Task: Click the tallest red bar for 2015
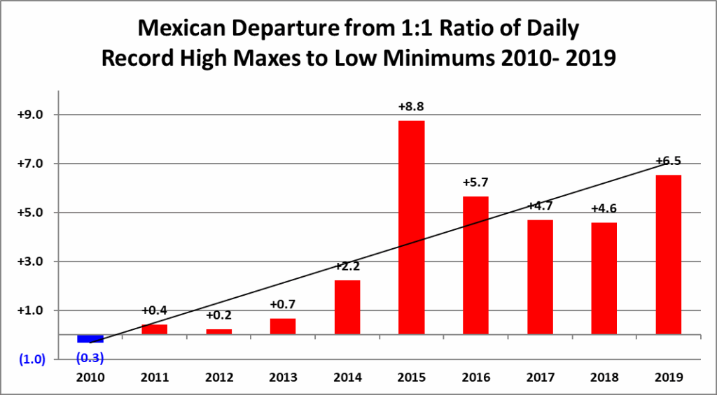pyautogui.click(x=411, y=227)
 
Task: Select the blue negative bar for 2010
pyautogui.click(x=90, y=339)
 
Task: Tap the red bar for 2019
pyautogui.click(x=668, y=254)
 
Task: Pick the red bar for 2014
pyautogui.click(x=347, y=307)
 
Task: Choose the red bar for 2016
pyautogui.click(x=475, y=265)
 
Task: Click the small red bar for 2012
pyautogui.click(x=218, y=331)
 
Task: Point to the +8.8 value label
pyautogui.click(x=411, y=107)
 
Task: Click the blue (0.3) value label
pyautogui.click(x=90, y=359)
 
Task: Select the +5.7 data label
pyautogui.click(x=475, y=182)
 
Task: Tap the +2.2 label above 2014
pyautogui.click(x=347, y=266)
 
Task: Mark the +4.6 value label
pyautogui.click(x=604, y=208)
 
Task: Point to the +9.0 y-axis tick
pyautogui.click(x=30, y=115)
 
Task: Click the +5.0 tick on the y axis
pyautogui.click(x=30, y=213)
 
